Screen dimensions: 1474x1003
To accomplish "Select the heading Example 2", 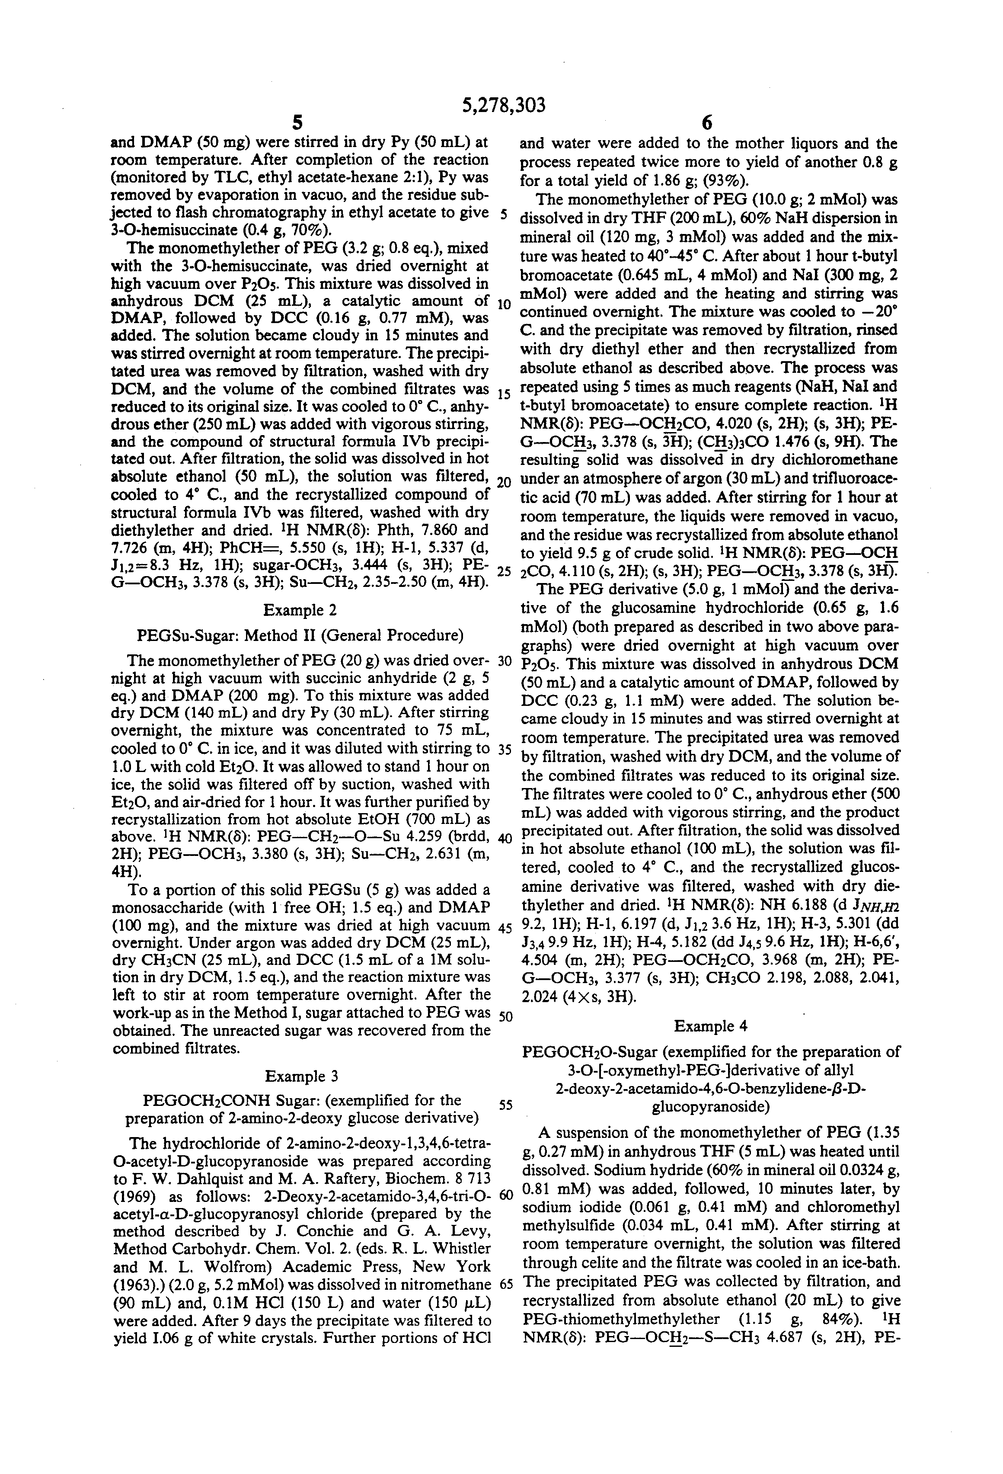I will [x=300, y=610].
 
